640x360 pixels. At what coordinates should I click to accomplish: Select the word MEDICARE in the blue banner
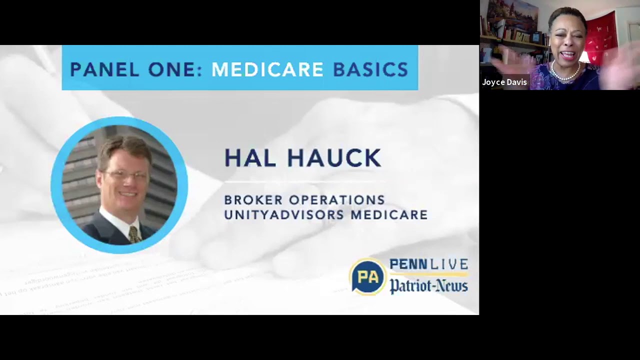click(x=267, y=69)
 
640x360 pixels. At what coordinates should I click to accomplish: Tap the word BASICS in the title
click(x=370, y=69)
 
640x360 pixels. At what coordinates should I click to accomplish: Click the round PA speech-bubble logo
click(x=367, y=276)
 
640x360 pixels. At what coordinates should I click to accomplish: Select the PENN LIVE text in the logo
click(x=428, y=264)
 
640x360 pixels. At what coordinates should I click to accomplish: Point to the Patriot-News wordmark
click(x=428, y=286)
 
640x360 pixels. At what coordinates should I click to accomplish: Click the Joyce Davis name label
click(x=504, y=82)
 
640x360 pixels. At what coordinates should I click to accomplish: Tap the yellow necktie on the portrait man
click(x=133, y=234)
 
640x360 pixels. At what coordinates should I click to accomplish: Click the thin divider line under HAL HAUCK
click(x=305, y=181)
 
